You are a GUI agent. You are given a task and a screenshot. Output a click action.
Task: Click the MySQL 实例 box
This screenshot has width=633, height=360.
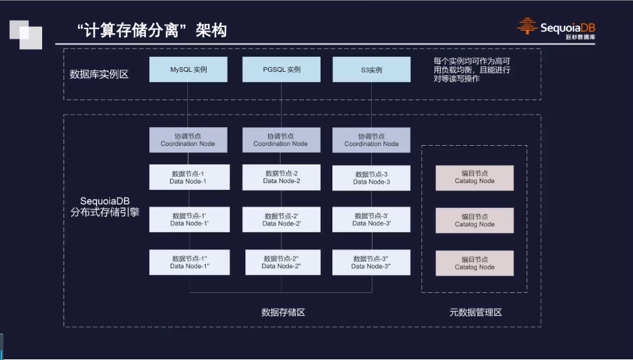(x=189, y=70)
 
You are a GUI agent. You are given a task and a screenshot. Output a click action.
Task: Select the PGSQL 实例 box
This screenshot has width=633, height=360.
(x=282, y=70)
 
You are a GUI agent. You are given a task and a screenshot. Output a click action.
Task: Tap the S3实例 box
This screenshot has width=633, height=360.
(x=371, y=70)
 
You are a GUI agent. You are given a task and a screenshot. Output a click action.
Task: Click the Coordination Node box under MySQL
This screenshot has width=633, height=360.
(x=188, y=140)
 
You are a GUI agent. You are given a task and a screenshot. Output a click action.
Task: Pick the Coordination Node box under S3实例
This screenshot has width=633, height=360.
(x=372, y=140)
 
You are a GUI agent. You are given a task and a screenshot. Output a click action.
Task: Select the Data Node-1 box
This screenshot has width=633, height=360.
(x=188, y=178)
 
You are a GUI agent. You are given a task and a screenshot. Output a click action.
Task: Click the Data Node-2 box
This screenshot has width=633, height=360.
(x=281, y=177)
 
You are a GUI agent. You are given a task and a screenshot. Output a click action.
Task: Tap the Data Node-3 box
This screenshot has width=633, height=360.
(x=372, y=178)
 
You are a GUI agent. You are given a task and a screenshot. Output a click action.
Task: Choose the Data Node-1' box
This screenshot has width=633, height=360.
(x=189, y=220)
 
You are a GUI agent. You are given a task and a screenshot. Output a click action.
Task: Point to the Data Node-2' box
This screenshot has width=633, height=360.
(x=281, y=220)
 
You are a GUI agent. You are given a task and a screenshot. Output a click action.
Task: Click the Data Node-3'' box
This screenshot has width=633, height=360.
(x=371, y=263)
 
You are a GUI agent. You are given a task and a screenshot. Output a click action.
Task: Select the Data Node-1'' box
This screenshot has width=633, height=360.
(x=189, y=263)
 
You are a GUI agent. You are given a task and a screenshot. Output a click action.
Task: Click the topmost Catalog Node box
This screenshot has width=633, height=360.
(x=475, y=178)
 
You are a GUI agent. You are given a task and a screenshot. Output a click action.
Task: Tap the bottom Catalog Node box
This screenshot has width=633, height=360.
(x=475, y=263)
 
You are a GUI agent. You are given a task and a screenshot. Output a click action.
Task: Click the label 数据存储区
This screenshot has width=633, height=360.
(x=283, y=312)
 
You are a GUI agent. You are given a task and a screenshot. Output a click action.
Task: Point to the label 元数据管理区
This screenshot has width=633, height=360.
(x=475, y=312)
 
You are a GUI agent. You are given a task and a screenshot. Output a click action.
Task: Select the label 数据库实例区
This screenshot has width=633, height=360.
(x=100, y=74)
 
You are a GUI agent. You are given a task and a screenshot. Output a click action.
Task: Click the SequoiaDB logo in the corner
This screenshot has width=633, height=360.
(x=556, y=28)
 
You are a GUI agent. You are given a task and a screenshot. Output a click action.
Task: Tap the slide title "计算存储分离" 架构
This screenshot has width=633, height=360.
(x=151, y=30)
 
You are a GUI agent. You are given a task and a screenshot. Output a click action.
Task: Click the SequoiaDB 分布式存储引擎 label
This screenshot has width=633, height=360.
(x=105, y=207)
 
